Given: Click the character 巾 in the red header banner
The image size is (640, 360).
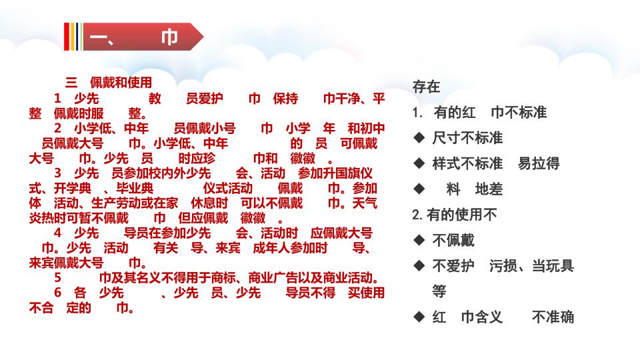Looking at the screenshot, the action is tap(169, 37).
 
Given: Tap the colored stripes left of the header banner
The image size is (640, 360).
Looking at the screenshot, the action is tap(73, 37).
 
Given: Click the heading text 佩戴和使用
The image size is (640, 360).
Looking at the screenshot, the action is tap(121, 83).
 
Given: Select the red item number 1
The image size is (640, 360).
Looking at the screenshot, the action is tap(57, 99).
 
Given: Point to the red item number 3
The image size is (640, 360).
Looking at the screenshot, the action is tap(57, 173).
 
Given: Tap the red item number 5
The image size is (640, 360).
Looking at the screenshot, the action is tap(57, 278).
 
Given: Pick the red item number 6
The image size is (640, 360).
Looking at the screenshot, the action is tap(57, 293).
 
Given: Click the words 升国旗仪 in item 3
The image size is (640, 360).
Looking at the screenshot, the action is tap(347, 173).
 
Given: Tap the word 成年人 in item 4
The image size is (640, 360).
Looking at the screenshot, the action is tap(271, 248).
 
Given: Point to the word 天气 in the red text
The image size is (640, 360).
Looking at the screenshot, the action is tap(365, 203).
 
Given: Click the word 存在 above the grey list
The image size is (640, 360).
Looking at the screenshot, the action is tap(426, 87).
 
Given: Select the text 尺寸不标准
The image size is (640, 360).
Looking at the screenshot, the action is tap(467, 138).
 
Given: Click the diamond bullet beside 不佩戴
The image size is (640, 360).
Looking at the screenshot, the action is tap(419, 240).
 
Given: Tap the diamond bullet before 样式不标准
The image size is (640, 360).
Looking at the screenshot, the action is tap(419, 163).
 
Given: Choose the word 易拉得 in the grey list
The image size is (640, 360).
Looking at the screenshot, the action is tap(539, 163).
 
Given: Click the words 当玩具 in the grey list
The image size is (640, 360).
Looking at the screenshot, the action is tap(553, 266).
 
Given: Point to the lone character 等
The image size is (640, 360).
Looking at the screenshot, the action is tap(439, 291).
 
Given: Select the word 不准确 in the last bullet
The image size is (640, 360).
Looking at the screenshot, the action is tap(553, 317).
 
